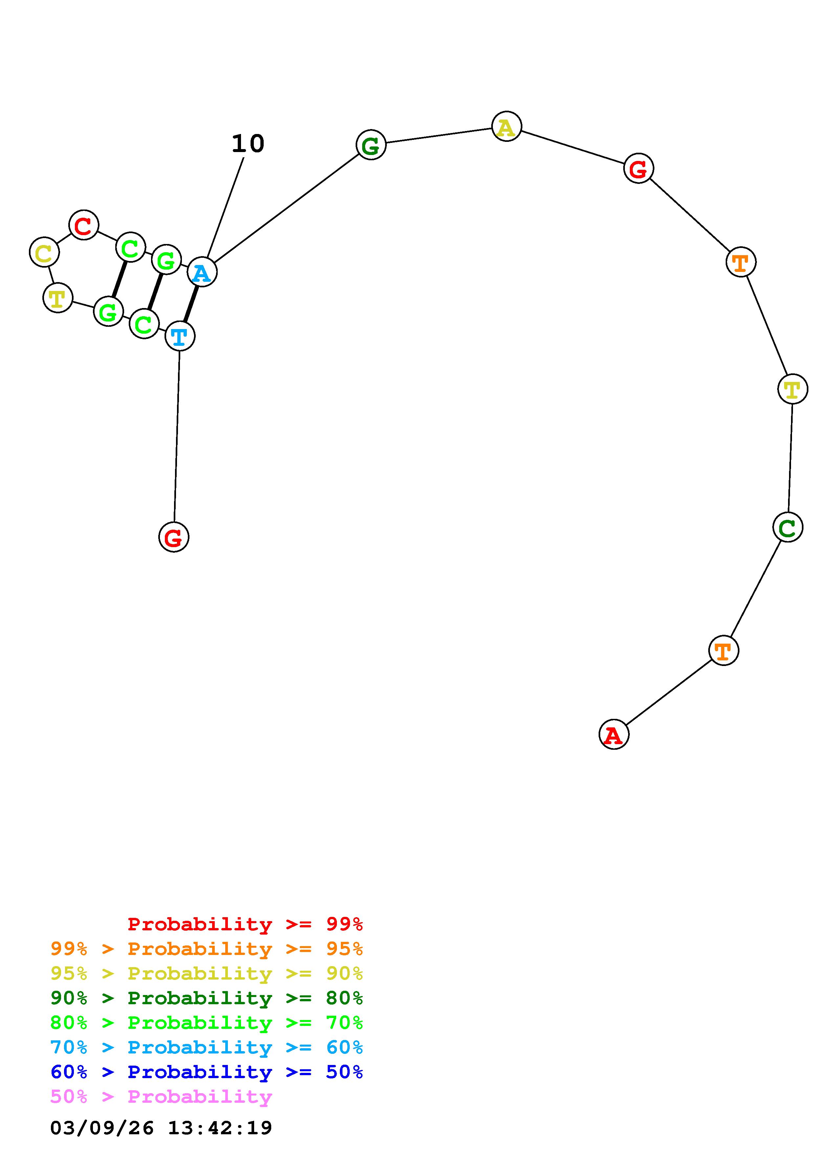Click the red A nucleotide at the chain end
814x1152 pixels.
[613, 734]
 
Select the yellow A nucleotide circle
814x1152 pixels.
[507, 126]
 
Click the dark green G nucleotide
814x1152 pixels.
[371, 145]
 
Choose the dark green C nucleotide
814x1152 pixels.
[787, 527]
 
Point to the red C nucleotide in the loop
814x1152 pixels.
[84, 225]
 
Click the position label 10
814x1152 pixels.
[248, 144]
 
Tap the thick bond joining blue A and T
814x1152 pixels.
[190, 304]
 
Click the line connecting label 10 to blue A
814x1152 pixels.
[225, 208]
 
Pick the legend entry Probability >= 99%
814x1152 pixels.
[245, 924]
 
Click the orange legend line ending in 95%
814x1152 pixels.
[207, 949]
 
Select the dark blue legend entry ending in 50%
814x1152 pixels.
[207, 1072]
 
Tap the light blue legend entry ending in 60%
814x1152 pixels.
[207, 1048]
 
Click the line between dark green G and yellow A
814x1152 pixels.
[439, 136]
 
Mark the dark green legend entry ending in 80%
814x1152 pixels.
[207, 998]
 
